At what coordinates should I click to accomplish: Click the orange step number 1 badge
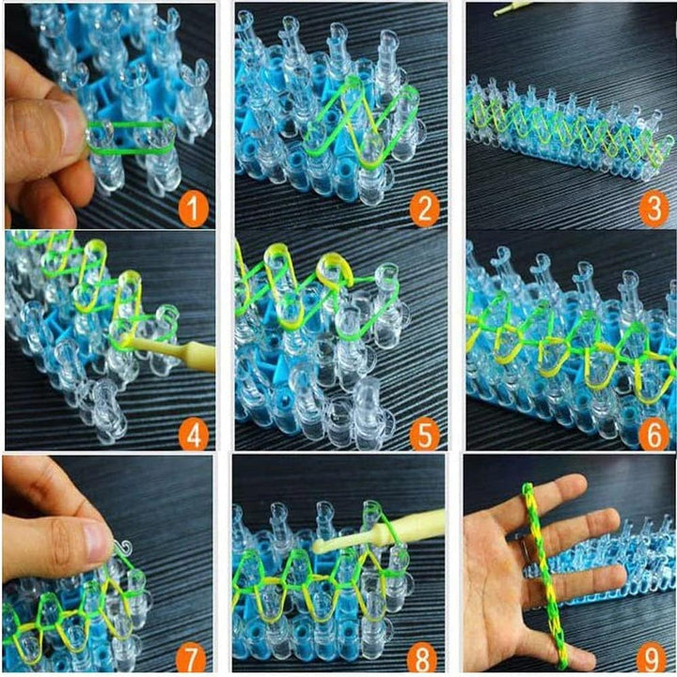(x=193, y=209)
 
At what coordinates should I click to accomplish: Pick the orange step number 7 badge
(x=193, y=654)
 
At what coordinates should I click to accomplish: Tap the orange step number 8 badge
(x=423, y=654)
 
